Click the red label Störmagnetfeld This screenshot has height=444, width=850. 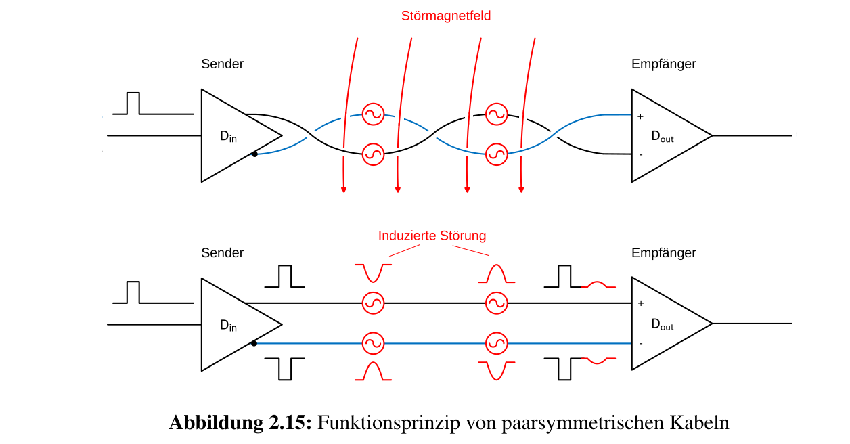(x=445, y=16)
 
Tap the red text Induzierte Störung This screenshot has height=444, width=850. (x=432, y=236)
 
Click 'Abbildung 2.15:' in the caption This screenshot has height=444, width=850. (x=240, y=423)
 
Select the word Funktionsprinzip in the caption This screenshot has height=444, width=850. (x=386, y=423)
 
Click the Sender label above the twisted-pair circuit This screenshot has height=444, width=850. (x=222, y=64)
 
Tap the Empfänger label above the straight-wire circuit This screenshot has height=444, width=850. (x=663, y=253)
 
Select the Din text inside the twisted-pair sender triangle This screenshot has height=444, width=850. (x=228, y=136)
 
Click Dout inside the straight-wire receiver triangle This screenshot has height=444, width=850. (x=662, y=325)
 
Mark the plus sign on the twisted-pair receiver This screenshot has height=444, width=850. (x=640, y=116)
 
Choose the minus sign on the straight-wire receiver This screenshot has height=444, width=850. (x=640, y=343)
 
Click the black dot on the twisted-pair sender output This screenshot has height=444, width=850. (x=254, y=154)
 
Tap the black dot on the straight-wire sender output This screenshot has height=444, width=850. (x=254, y=343)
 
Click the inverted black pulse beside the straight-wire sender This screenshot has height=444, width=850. (x=285, y=368)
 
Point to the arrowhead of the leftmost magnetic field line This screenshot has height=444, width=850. (x=344, y=190)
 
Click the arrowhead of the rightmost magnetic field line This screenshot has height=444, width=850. (x=521, y=190)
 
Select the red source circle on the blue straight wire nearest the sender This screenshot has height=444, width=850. (x=373, y=343)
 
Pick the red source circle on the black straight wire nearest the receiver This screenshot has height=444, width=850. (x=497, y=303)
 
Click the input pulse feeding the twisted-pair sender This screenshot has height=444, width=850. (x=133, y=104)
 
